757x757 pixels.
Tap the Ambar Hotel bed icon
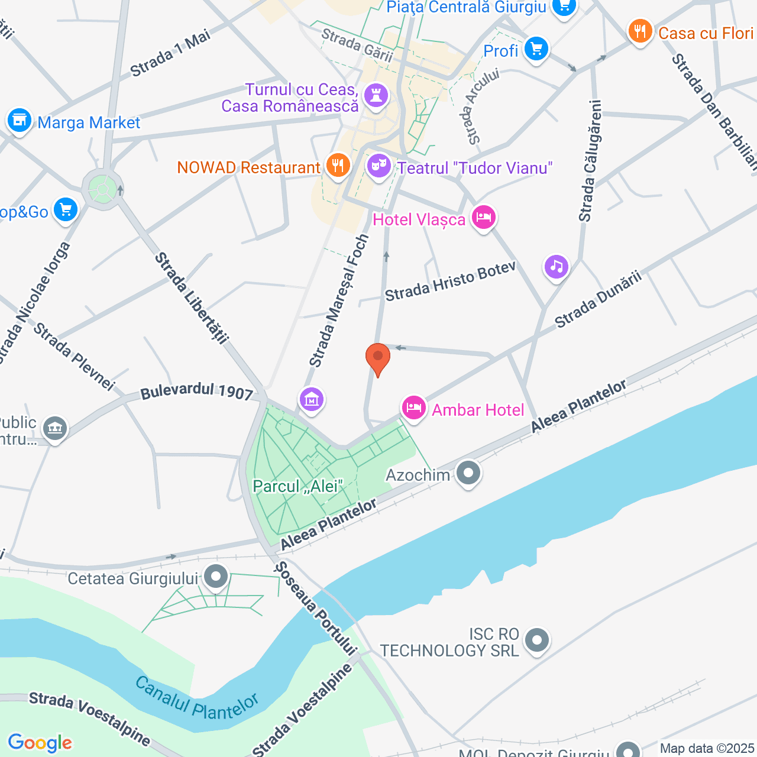[414, 408]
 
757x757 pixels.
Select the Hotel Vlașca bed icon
[484, 218]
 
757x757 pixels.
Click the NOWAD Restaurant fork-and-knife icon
[338, 166]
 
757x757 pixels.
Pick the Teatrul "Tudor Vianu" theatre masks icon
[378, 166]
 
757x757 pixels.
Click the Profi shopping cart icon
[536, 49]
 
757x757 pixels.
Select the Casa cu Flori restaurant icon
[640, 31]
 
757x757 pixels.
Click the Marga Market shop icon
[19, 121]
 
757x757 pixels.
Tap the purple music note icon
[557, 267]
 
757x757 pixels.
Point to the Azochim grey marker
[468, 474]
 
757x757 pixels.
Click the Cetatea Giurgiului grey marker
[216, 577]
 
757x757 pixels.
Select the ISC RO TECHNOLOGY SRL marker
[537, 640]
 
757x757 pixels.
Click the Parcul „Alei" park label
[297, 486]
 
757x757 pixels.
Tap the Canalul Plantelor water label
[196, 698]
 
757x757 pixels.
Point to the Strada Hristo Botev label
[450, 282]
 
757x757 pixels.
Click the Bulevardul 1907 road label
[196, 392]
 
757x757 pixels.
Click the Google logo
[40, 743]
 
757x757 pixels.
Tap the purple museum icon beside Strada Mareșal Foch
[312, 400]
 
